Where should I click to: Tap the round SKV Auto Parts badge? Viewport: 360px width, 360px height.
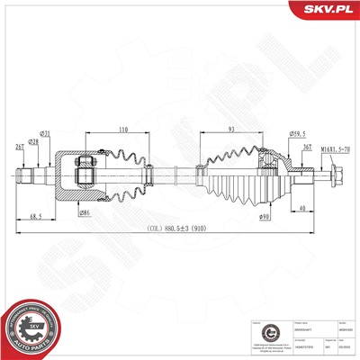28,327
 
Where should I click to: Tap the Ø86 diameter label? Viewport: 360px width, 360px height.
84,212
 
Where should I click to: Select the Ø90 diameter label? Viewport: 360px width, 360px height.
265,217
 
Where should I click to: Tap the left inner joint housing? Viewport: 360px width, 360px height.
75,174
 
